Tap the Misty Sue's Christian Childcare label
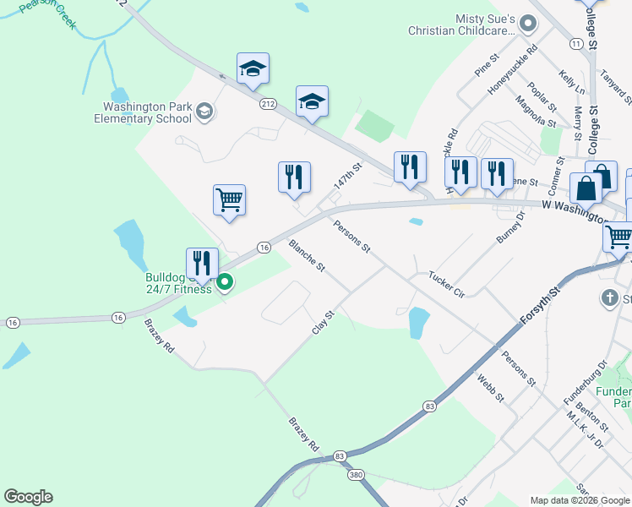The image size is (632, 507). pyautogui.click(x=460, y=25)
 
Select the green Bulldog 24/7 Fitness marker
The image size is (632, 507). pyautogui.click(x=225, y=283)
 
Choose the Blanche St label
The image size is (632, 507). pyautogui.click(x=307, y=255)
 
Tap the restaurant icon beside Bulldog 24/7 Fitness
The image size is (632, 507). pyautogui.click(x=202, y=262)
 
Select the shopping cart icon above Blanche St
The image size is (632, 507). pyautogui.click(x=229, y=200)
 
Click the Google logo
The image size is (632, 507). pyautogui.click(x=28, y=497)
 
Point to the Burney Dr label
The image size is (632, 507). pyautogui.click(x=510, y=228)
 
